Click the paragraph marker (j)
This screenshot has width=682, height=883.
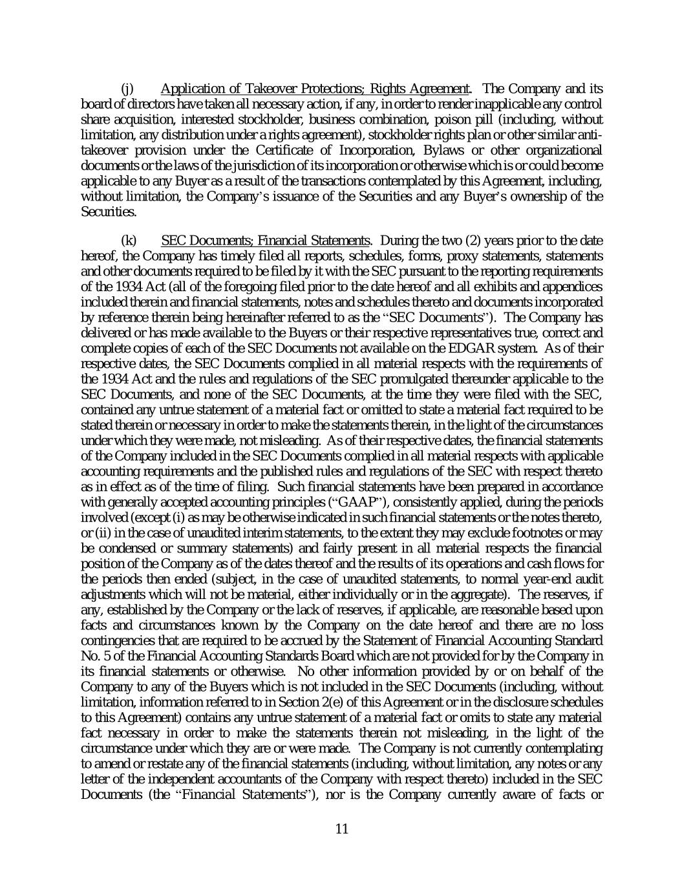click(128, 89)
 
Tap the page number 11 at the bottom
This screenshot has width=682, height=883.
click(342, 829)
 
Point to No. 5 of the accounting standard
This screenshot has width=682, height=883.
click(92, 656)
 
